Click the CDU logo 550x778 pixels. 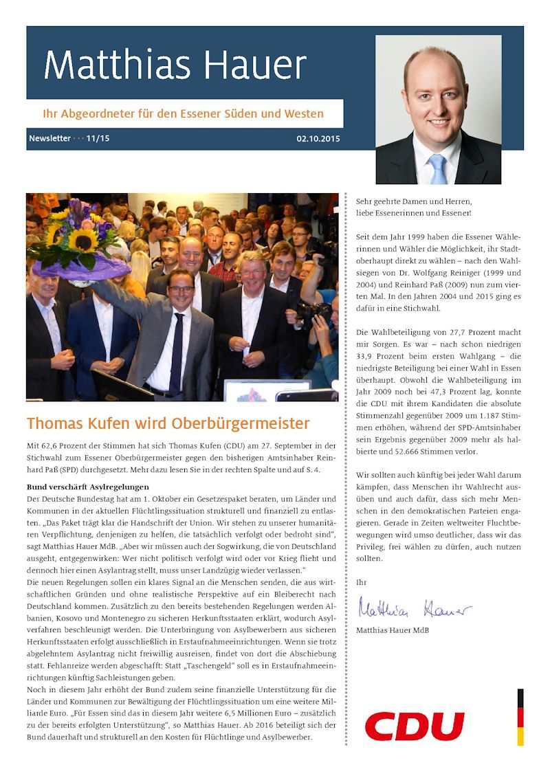click(x=415, y=726)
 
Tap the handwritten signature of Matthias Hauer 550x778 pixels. click(x=414, y=608)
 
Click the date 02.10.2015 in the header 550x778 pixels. click(x=318, y=139)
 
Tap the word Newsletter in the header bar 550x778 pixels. click(x=49, y=139)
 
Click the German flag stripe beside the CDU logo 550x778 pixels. click(x=520, y=717)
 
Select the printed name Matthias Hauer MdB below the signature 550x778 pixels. click(x=393, y=630)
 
